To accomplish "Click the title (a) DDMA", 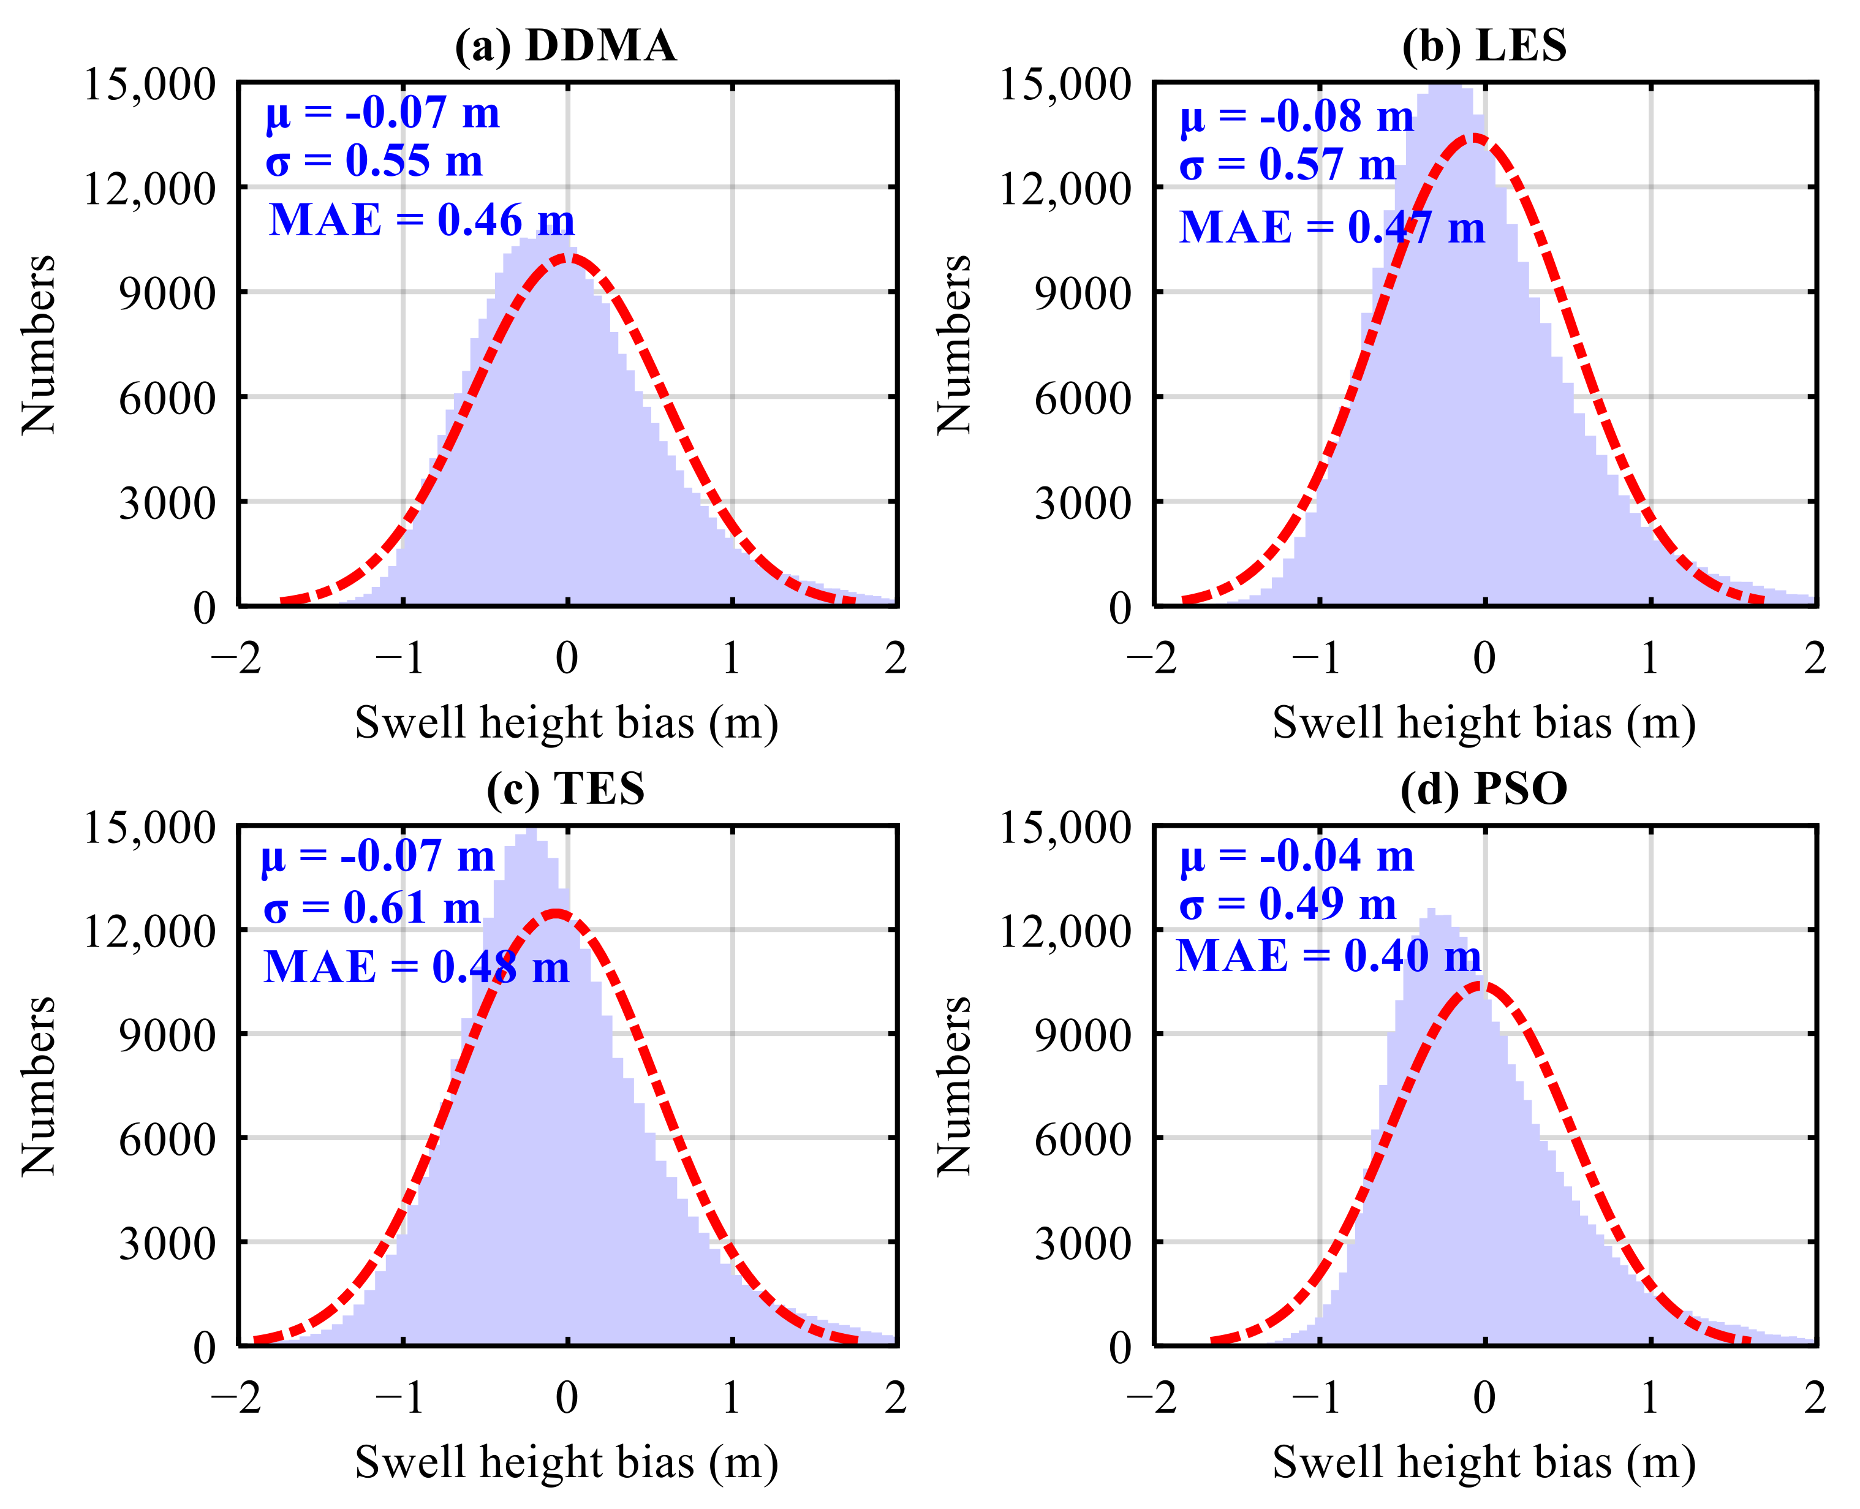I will tap(566, 45).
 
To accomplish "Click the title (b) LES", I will tap(1484, 45).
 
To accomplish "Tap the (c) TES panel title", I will tap(566, 789).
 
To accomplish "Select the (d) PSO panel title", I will tap(1484, 789).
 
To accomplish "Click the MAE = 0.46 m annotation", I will tap(422, 220).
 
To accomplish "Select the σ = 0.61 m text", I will tap(372, 909).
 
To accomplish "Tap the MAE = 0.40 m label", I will tap(1328, 956).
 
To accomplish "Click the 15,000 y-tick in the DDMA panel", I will tap(149, 85).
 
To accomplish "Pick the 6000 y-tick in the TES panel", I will tap(167, 1139).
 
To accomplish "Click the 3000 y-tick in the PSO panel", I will tap(1082, 1243).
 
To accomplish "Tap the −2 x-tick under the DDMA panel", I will tap(236, 658).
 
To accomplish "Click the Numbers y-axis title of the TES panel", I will tap(38, 1086).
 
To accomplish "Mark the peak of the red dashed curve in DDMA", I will tap(567, 257).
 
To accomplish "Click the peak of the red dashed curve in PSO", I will tap(1480, 985).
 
